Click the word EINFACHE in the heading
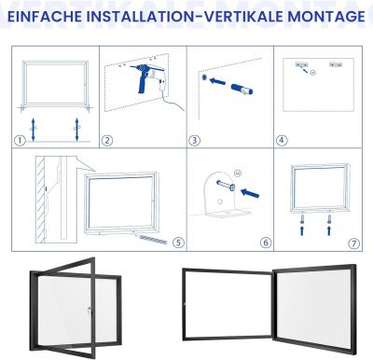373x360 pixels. tap(45, 17)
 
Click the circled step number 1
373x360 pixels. tap(20, 141)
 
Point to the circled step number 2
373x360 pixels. tap(107, 141)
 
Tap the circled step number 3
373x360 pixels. tap(194, 141)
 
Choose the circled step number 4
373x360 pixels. tap(282, 141)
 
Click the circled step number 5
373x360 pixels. tap(178, 242)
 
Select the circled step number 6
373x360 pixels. tap(266, 242)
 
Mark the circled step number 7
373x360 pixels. tap(354, 243)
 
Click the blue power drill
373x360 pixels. tap(145, 77)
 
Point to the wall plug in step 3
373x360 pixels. tap(242, 89)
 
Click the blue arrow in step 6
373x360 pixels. tap(250, 193)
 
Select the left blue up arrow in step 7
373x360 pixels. tap(302, 230)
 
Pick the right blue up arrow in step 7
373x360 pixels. tap(329, 230)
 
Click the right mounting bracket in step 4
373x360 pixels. tap(336, 64)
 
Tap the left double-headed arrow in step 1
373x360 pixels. tap(33, 129)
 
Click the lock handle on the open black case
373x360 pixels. tap(90, 310)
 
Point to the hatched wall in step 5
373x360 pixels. tap(40, 200)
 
